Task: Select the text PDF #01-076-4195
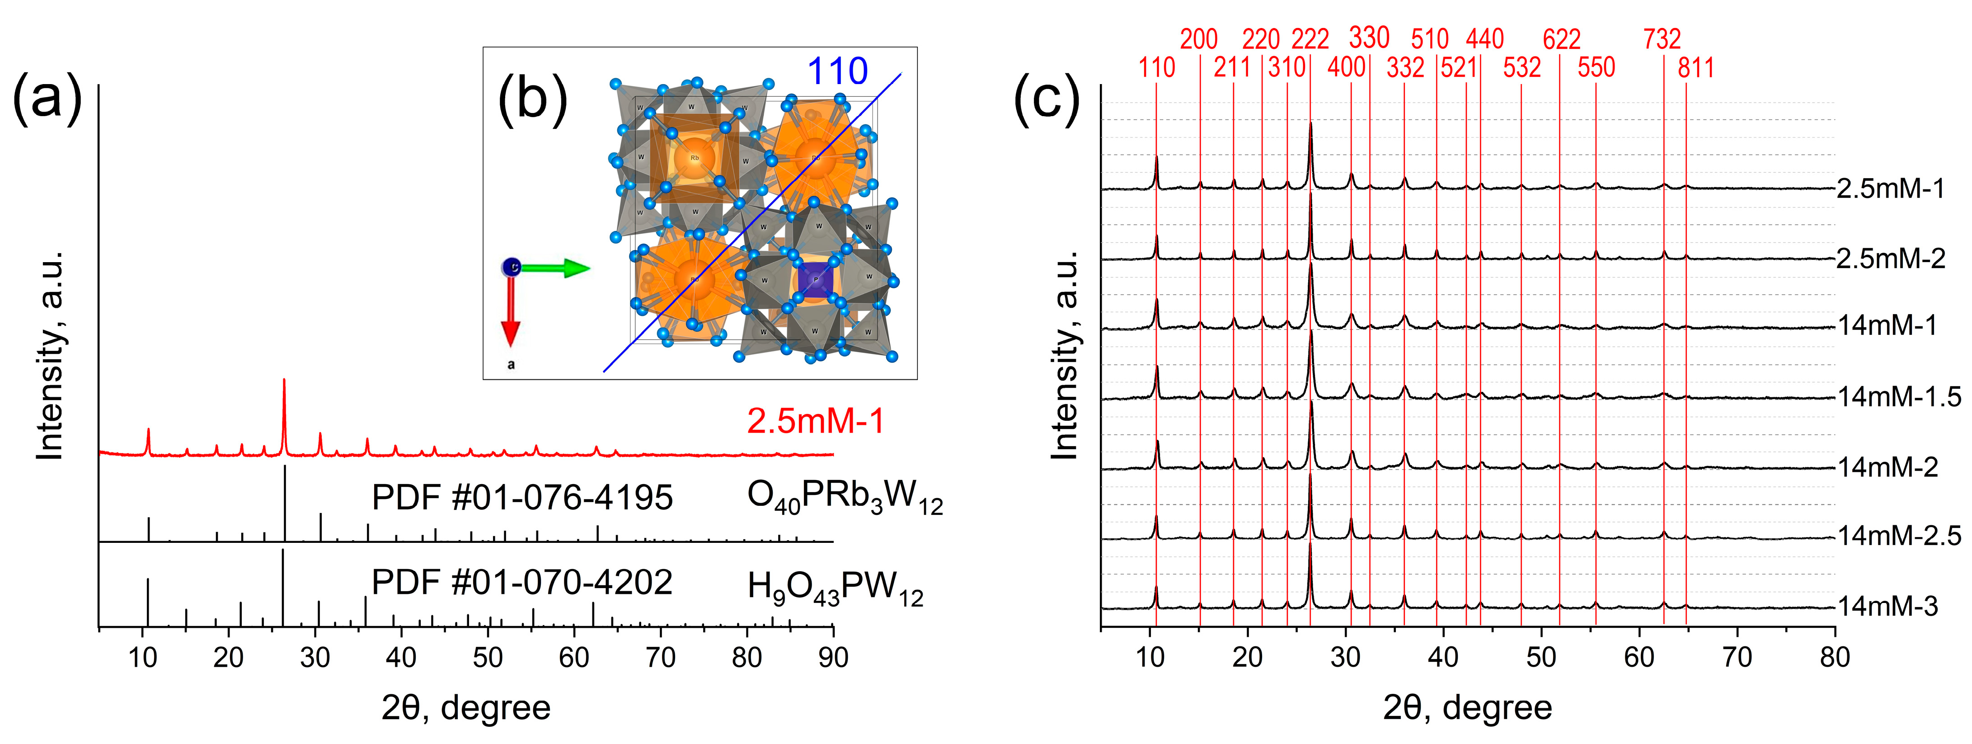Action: point(521,498)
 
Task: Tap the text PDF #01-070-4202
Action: point(521,583)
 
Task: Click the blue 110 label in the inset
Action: point(837,72)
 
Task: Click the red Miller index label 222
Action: point(1310,39)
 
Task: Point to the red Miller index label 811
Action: point(1695,68)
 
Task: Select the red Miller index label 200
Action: point(1199,39)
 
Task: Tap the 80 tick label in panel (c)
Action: point(1834,658)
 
